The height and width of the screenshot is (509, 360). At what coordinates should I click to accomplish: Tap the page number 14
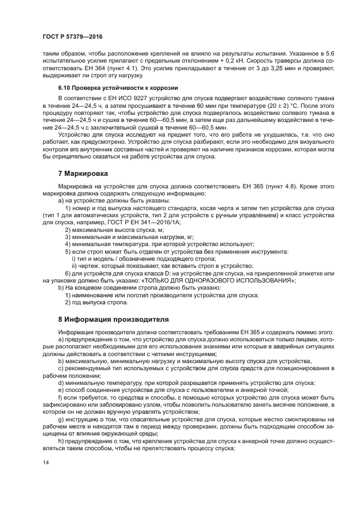coord(46,462)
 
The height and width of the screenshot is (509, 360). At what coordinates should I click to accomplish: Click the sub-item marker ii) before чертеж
coord(74,266)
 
